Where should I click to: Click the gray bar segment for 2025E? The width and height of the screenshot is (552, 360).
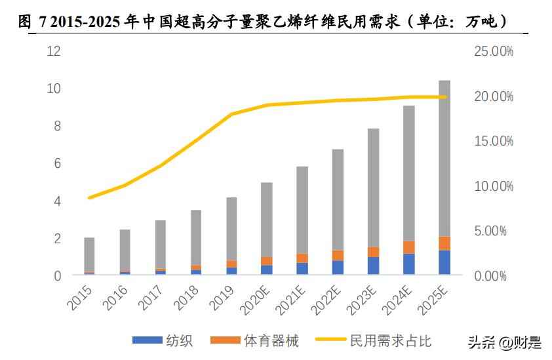pos(444,158)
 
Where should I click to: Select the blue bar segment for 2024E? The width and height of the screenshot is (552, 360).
pos(409,264)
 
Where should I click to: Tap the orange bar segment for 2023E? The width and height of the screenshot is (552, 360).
pos(374,252)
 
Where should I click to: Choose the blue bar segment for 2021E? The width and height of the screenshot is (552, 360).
pos(302,268)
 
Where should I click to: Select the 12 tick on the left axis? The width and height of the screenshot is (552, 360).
pos(54,51)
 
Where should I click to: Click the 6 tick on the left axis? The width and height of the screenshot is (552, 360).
pos(57,163)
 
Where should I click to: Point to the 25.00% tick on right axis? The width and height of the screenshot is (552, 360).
pos(494,51)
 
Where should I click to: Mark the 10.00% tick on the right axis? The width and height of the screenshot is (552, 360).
pos(494,186)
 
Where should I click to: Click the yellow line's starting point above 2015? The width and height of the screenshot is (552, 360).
pos(89,197)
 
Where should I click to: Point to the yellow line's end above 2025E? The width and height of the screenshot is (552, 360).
pos(444,97)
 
